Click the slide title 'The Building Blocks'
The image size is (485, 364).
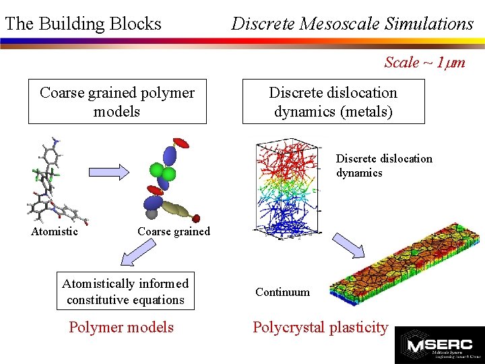83,24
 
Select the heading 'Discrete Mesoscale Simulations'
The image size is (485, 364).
352,24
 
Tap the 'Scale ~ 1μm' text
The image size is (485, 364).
424,63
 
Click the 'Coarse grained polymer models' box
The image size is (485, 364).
117,102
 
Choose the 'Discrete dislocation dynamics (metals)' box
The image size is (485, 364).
333,102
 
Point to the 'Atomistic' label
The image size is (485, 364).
55,232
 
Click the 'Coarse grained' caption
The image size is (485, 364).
174,232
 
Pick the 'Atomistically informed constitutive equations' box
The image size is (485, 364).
125,291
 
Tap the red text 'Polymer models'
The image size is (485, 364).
121,328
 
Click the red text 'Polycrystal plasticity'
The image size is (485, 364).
320,328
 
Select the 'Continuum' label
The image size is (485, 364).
282,292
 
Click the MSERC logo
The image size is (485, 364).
439,344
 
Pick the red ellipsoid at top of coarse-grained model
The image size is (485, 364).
180,144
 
